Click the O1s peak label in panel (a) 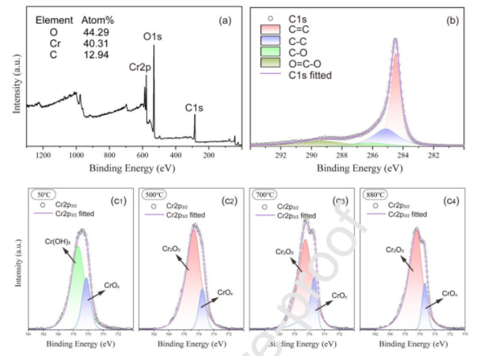(x=153, y=37)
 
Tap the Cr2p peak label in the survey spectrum (x=140, y=66)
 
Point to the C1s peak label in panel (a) (x=194, y=106)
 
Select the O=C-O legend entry (x=305, y=65)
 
